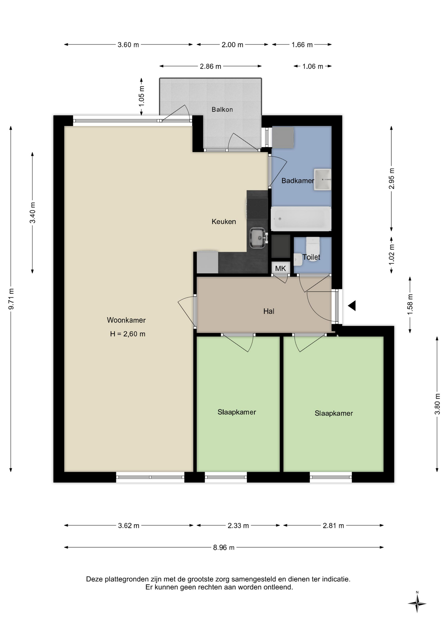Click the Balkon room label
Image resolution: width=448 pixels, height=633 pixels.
pyautogui.click(x=222, y=109)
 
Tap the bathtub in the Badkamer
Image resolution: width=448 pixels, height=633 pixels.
pyautogui.click(x=301, y=219)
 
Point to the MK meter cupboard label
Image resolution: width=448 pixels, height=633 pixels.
pyautogui.click(x=280, y=268)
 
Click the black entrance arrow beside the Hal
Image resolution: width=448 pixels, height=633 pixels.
pyautogui.click(x=352, y=306)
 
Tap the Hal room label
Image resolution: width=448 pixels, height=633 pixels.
pyautogui.click(x=269, y=311)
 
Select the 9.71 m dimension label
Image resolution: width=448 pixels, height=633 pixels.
pyautogui.click(x=11, y=299)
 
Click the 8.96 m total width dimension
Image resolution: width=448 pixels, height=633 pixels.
pyautogui.click(x=224, y=548)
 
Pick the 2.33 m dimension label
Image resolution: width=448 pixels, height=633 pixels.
pyautogui.click(x=238, y=526)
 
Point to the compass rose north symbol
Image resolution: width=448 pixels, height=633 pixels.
pyautogui.click(x=417, y=603)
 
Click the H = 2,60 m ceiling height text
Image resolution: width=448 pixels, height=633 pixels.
pyautogui.click(x=128, y=334)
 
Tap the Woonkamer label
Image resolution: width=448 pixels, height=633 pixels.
pyautogui.click(x=126, y=320)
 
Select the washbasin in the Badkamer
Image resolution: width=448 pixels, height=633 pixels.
pyautogui.click(x=322, y=180)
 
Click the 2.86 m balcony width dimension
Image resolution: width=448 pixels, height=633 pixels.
pyautogui.click(x=210, y=66)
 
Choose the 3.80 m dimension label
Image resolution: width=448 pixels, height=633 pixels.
pyautogui.click(x=437, y=404)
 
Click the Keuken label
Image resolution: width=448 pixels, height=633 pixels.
pyautogui.click(x=224, y=222)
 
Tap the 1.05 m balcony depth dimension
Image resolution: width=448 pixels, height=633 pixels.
pyautogui.click(x=142, y=96)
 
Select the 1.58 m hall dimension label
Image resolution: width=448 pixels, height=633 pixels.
pyautogui.click(x=410, y=304)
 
